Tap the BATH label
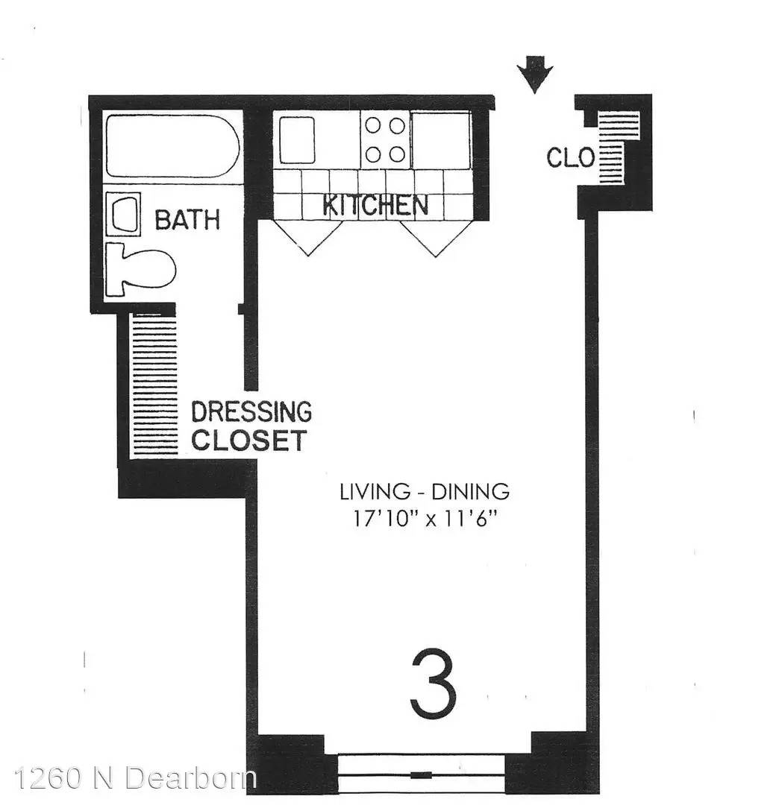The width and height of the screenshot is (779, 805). point(187,220)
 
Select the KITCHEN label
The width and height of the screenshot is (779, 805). point(375,206)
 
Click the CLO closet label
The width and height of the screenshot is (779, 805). point(570,157)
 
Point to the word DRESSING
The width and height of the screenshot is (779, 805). point(251,411)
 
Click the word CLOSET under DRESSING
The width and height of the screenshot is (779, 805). point(249,440)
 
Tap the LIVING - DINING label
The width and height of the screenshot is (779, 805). point(425,492)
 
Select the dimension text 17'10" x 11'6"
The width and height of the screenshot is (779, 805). point(425,519)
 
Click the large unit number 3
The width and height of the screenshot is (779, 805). point(434,684)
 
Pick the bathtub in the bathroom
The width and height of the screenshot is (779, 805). point(172,146)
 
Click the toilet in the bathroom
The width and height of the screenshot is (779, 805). point(140,269)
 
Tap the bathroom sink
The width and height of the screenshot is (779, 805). point(123,215)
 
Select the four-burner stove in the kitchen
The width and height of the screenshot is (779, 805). point(385,139)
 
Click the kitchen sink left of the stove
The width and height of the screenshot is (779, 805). point(296,140)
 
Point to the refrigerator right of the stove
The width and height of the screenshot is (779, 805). point(441,139)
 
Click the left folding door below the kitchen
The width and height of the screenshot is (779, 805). point(308,237)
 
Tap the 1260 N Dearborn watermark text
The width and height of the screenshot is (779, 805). point(136,777)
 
